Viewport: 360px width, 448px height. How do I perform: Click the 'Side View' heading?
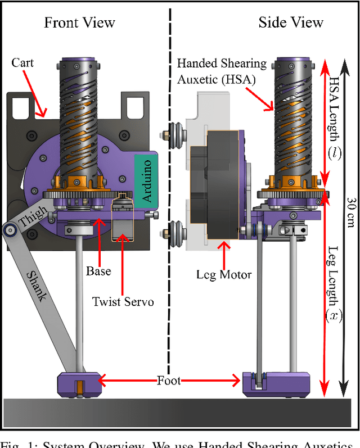click(x=291, y=22)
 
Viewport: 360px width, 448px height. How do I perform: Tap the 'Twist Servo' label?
click(x=123, y=301)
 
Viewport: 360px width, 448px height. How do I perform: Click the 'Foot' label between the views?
click(x=169, y=381)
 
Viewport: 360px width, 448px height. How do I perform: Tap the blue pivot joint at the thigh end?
click(x=8, y=229)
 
